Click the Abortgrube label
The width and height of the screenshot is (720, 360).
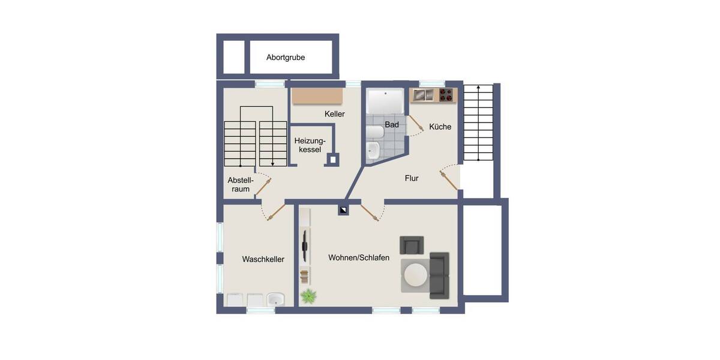286,58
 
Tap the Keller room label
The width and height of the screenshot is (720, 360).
335,114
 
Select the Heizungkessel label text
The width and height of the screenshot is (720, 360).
308,145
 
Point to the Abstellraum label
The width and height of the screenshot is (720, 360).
241,185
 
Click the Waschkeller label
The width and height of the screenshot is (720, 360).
263,259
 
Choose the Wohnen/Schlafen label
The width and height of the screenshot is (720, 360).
359,257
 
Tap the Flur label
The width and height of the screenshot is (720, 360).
412,178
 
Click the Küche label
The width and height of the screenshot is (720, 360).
440,127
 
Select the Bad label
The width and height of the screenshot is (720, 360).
392,125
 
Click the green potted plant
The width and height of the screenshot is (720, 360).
308,296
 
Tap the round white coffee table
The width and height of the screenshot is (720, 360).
415,275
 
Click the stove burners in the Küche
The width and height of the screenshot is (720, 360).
447,95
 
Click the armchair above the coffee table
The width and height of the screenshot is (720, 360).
412,245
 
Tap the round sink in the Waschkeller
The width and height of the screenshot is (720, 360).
275,299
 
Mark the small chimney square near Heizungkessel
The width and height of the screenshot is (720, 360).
332,160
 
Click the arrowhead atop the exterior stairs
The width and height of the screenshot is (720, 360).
478,88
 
